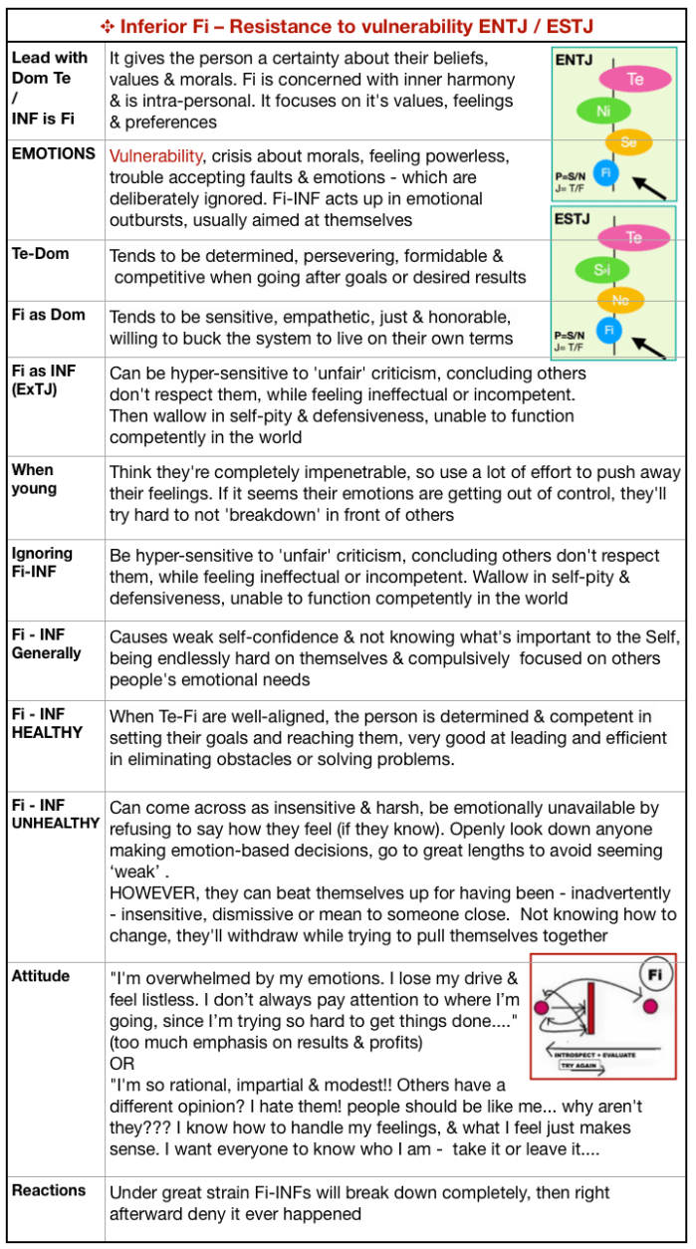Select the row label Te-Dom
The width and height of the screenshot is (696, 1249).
[x=41, y=254]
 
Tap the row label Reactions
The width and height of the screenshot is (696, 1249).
[x=49, y=1190]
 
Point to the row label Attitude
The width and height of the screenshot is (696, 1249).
[x=41, y=976]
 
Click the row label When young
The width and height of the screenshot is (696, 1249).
[x=33, y=479]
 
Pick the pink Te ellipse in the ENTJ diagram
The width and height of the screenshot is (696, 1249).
[x=634, y=78]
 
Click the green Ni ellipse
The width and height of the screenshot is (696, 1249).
[x=602, y=112]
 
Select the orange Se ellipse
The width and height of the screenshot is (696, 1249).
[x=628, y=143]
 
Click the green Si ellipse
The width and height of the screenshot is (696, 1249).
[x=601, y=269]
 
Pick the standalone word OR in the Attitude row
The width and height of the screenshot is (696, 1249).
[x=121, y=1064]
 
